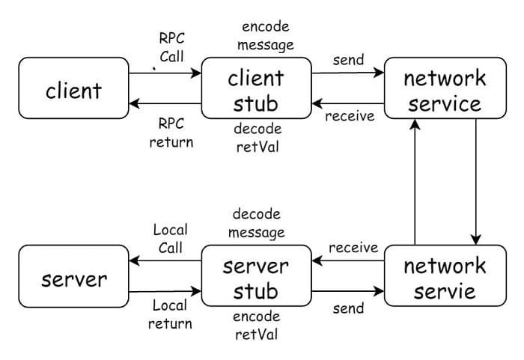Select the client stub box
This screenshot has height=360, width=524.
coord(257,88)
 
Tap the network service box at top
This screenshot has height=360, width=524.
coord(444,88)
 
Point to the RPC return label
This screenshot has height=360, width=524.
coord(171,132)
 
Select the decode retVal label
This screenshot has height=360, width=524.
coord(257,138)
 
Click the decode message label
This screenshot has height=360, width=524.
coord(257,223)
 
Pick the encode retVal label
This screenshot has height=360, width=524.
coord(257,325)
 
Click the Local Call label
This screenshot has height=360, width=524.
coord(170,238)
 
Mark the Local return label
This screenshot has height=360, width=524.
coord(170,314)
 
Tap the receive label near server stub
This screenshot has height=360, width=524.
coord(353,248)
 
